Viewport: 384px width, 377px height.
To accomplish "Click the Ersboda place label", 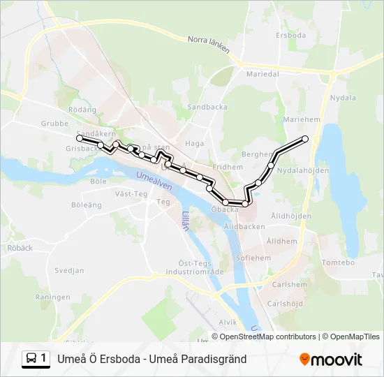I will click(x=291, y=35).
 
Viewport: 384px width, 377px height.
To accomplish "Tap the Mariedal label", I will click(x=263, y=73).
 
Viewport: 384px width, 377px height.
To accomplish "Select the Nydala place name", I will click(x=343, y=98).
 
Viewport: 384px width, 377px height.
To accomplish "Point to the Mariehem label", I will click(x=301, y=119).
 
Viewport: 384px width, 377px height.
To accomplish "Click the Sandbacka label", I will click(x=203, y=107).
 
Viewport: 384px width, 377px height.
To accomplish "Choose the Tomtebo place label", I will click(x=339, y=263).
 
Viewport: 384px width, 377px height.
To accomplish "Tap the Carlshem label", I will click(x=289, y=285).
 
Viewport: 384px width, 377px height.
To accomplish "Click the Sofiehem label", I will click(x=253, y=258).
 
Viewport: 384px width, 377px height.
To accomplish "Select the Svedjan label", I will click(x=69, y=270).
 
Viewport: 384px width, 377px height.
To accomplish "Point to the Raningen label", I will click(x=53, y=297).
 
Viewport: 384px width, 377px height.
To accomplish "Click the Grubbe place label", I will click(x=54, y=124).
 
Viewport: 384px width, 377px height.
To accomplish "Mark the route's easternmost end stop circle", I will click(x=305, y=139).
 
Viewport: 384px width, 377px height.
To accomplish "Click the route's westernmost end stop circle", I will click(x=79, y=139).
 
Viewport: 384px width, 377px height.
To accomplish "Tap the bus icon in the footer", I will click(x=31, y=359).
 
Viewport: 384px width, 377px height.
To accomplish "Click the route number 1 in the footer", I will click(x=45, y=359).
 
